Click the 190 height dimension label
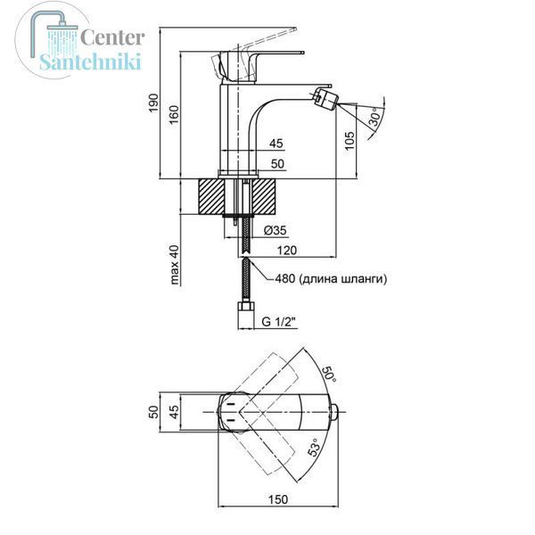tap(154, 103)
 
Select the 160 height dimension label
tap(174, 115)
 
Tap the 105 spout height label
tap(350, 141)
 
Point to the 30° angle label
tap(375, 117)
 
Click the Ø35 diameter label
tap(275, 231)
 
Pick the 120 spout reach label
tap(286, 251)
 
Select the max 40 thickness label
tap(174, 265)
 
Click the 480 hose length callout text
tap(331, 279)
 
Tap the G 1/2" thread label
tap(278, 321)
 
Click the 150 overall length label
tap(277, 499)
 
